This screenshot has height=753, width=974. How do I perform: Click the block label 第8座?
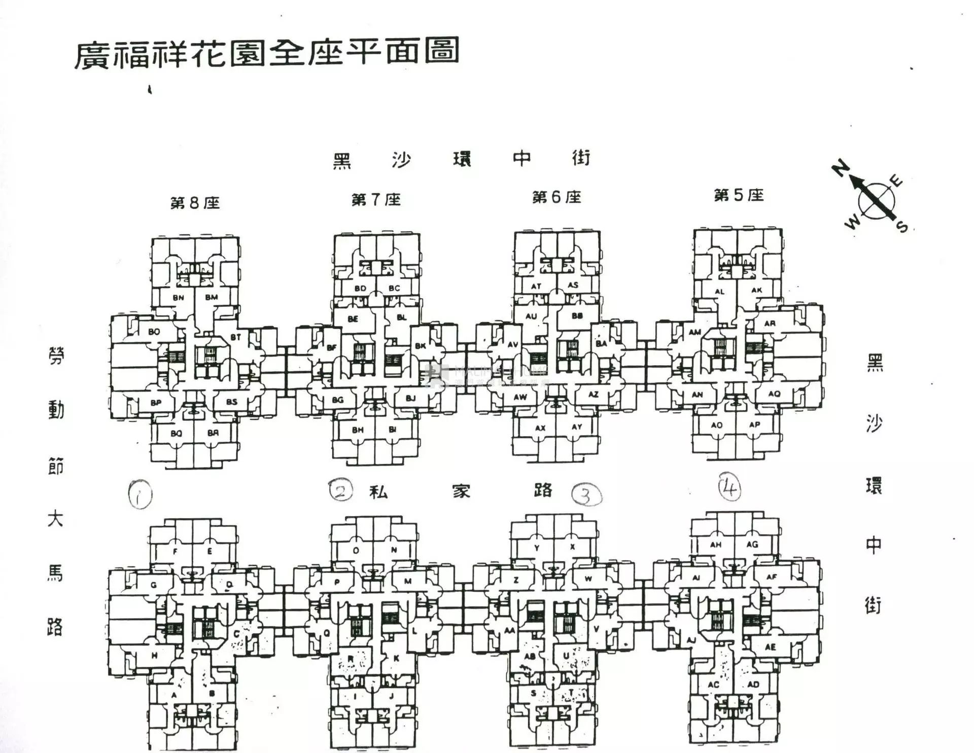[x=195, y=203]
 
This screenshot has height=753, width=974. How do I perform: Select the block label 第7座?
[x=376, y=200]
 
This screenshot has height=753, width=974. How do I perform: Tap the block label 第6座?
[x=556, y=197]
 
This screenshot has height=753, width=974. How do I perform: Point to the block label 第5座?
[x=739, y=195]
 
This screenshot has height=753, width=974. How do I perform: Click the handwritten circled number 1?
[x=140, y=494]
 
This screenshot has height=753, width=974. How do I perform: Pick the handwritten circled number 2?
[x=340, y=490]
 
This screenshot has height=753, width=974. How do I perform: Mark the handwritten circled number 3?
[x=586, y=495]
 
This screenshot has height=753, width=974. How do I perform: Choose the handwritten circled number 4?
[x=729, y=487]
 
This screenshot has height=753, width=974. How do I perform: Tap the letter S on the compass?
[x=902, y=226]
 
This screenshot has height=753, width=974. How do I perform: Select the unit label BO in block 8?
[x=154, y=332]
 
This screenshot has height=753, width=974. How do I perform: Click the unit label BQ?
[x=176, y=434]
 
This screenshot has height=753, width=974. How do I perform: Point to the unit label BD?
[x=360, y=289]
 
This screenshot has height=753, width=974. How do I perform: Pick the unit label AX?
[x=540, y=428]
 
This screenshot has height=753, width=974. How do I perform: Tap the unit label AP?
[x=754, y=424]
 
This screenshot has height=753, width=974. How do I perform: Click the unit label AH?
[x=715, y=545]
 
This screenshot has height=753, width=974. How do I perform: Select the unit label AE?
[x=770, y=647]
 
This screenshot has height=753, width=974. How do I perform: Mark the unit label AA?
[x=509, y=631]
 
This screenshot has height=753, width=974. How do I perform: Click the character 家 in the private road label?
[x=461, y=491]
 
